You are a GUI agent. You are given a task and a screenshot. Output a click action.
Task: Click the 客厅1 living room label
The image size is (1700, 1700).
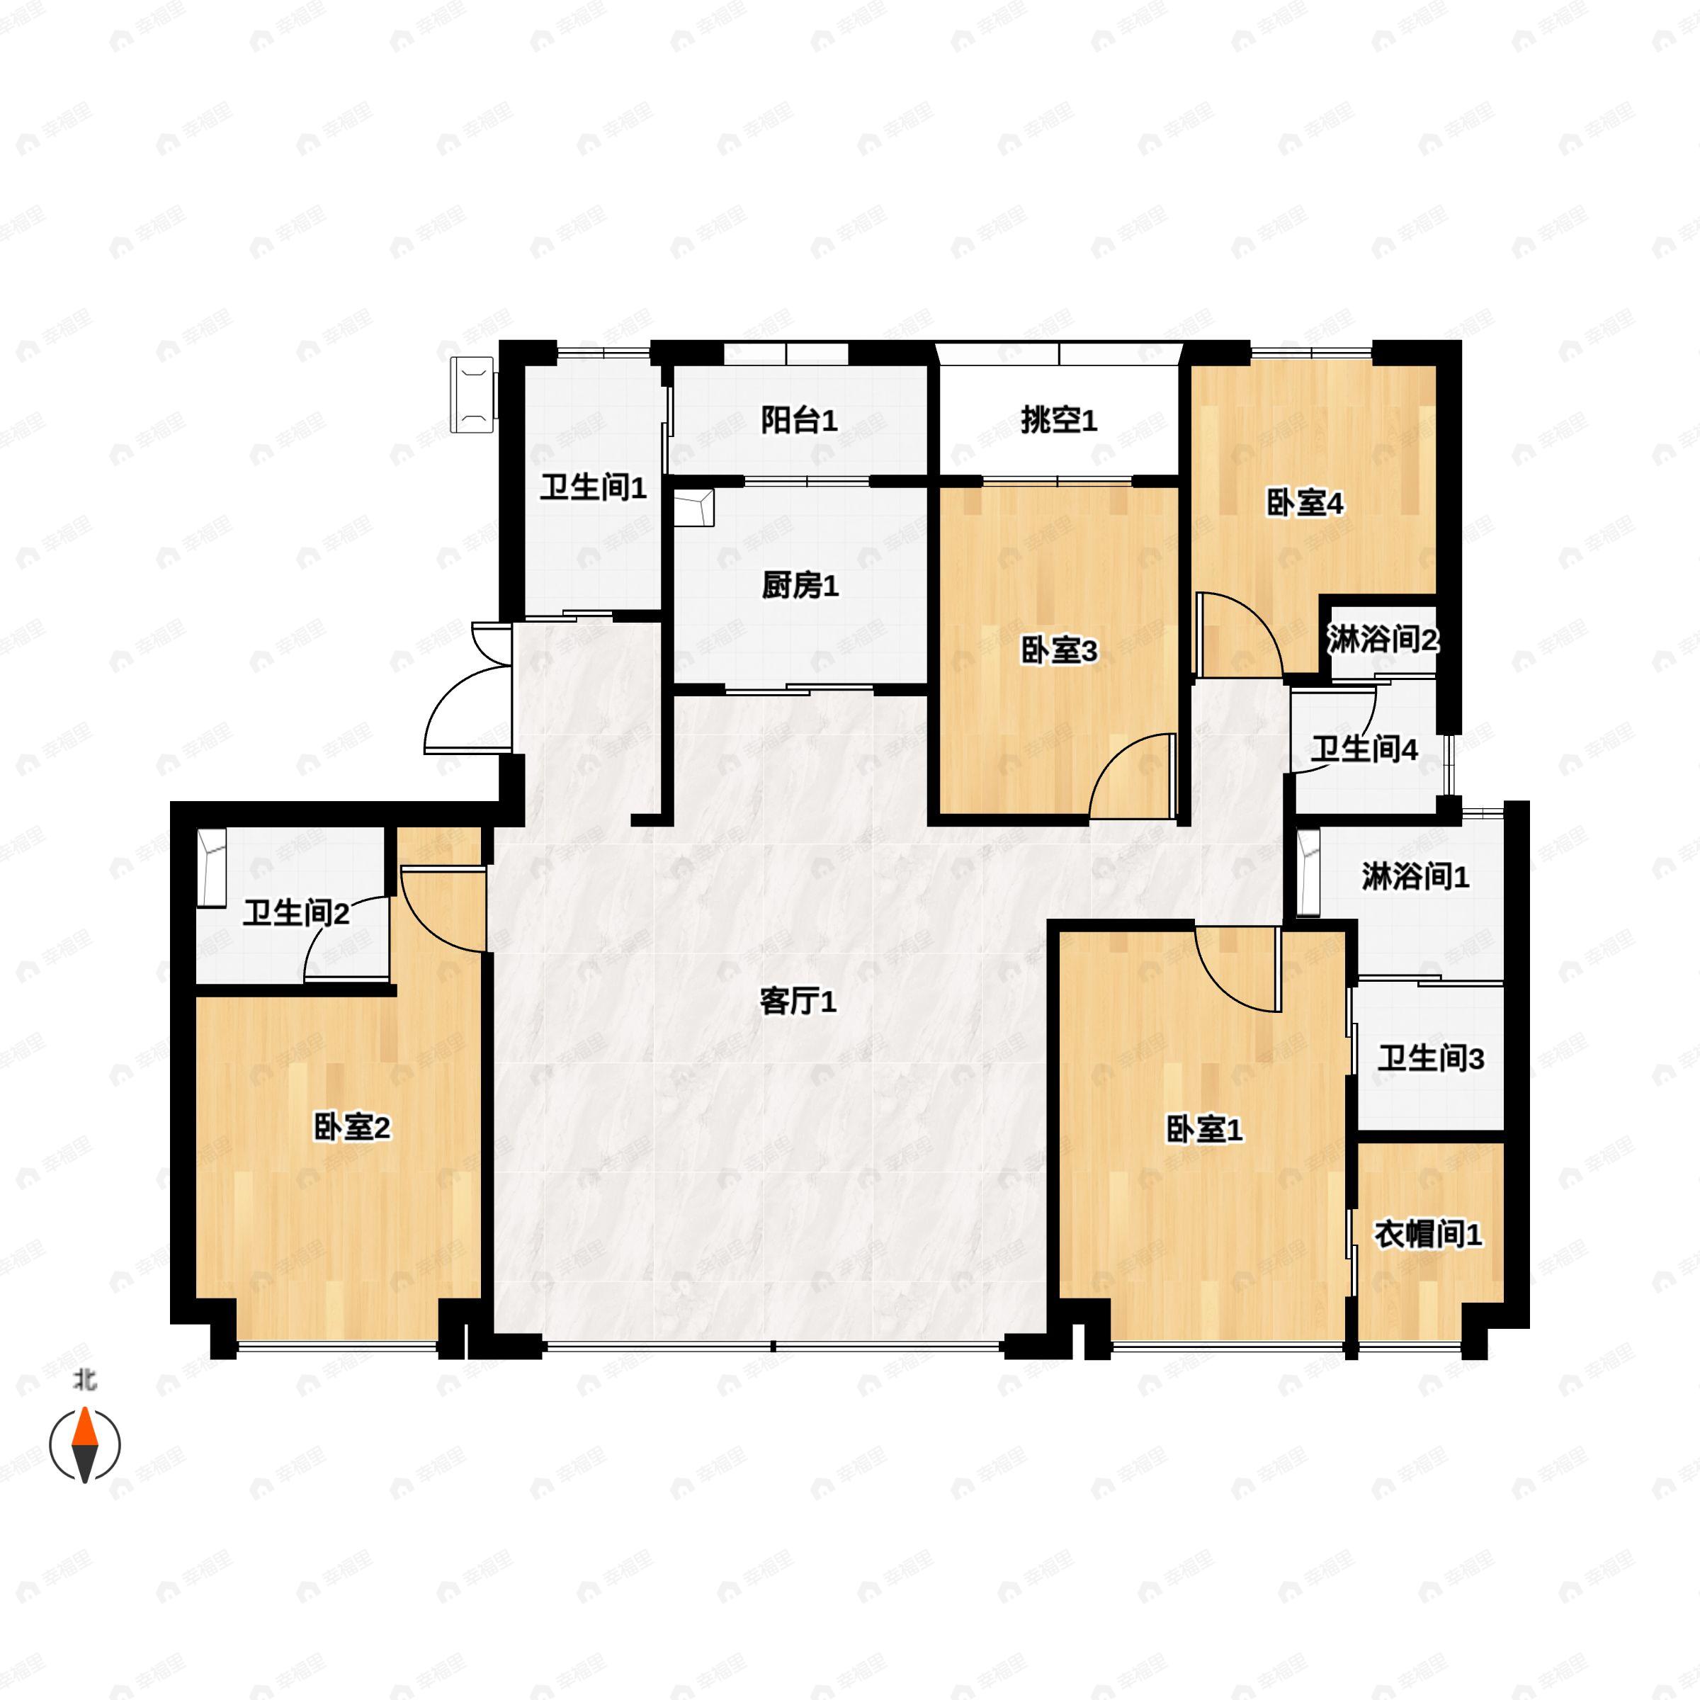point(797,1002)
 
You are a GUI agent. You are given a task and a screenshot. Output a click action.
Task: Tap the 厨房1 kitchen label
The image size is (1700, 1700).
point(799,585)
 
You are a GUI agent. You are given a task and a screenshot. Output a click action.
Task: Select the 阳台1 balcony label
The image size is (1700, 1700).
point(798,421)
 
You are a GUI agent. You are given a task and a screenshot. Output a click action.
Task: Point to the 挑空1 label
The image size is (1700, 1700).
point(1058,421)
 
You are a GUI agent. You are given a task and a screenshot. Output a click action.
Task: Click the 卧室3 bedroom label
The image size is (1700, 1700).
point(1058,651)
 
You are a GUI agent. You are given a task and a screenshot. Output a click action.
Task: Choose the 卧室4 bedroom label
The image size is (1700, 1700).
point(1304,504)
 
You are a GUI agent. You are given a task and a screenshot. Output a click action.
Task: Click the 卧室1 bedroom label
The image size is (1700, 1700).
point(1203,1130)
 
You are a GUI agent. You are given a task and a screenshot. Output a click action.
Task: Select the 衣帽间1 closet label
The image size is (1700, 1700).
point(1428,1235)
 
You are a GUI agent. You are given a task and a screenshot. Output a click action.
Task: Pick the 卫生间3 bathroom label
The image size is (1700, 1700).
point(1431,1058)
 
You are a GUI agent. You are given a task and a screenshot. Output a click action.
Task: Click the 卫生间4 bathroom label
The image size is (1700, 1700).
point(1364,749)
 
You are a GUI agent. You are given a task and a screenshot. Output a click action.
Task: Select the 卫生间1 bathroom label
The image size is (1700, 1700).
point(593,487)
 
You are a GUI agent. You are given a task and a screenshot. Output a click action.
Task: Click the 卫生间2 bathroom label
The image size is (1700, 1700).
point(295,913)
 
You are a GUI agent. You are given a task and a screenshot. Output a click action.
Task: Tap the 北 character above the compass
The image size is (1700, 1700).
point(84,1381)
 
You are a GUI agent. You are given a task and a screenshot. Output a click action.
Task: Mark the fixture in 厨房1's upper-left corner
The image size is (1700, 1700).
point(693,509)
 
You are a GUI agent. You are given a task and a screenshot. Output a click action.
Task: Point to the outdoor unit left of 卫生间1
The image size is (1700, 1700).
point(473,395)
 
